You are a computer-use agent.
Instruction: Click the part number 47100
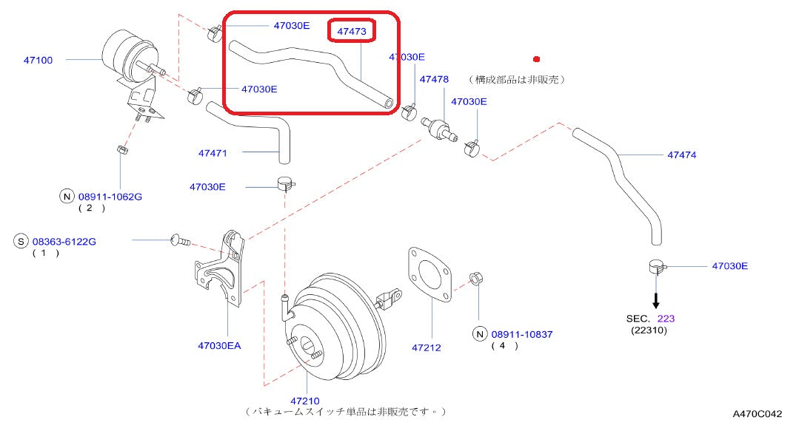(38, 60)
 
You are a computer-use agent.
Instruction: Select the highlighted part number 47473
(352, 32)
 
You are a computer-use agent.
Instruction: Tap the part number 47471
(212, 153)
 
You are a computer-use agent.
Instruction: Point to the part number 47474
(681, 155)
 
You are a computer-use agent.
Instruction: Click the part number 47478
(434, 78)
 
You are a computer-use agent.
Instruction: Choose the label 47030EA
(219, 345)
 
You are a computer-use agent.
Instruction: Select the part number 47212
(426, 347)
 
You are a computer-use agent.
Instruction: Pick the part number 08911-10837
(521, 334)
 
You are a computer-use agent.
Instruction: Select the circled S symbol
(21, 241)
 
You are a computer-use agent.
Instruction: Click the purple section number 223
(666, 319)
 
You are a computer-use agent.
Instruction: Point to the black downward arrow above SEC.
(655, 299)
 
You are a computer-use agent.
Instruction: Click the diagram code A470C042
(758, 415)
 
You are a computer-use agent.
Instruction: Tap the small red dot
(537, 58)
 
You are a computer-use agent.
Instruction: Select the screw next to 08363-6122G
(180, 240)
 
